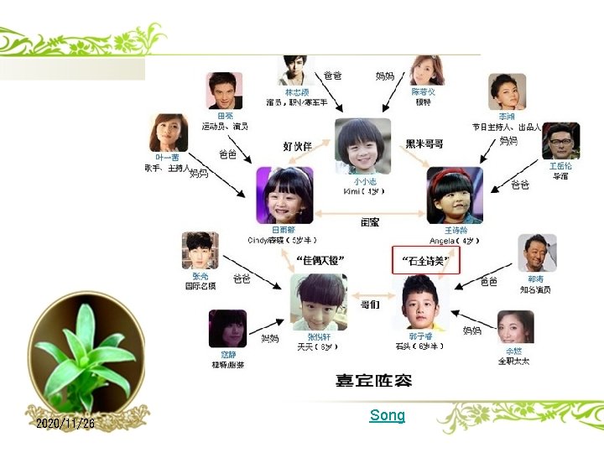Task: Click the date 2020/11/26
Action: pyautogui.click(x=65, y=424)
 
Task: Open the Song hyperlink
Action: pyautogui.click(x=387, y=415)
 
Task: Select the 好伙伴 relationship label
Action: pyautogui.click(x=297, y=145)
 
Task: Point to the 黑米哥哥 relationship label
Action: pyautogui.click(x=424, y=144)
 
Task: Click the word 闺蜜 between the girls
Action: pyautogui.click(x=370, y=222)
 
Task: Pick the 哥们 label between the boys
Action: pyautogui.click(x=370, y=305)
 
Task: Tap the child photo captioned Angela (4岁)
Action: pyautogui.click(x=455, y=195)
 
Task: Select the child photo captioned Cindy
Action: pyautogui.click(x=284, y=195)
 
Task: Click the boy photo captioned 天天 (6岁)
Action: pyautogui.click(x=318, y=301)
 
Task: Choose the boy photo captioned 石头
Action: pyautogui.click(x=424, y=301)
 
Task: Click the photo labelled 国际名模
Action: pyautogui.click(x=200, y=251)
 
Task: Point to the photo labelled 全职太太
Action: pyautogui.click(x=515, y=328)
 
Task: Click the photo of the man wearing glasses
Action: pyautogui.click(x=560, y=141)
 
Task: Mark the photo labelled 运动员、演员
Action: pyautogui.click(x=224, y=91)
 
